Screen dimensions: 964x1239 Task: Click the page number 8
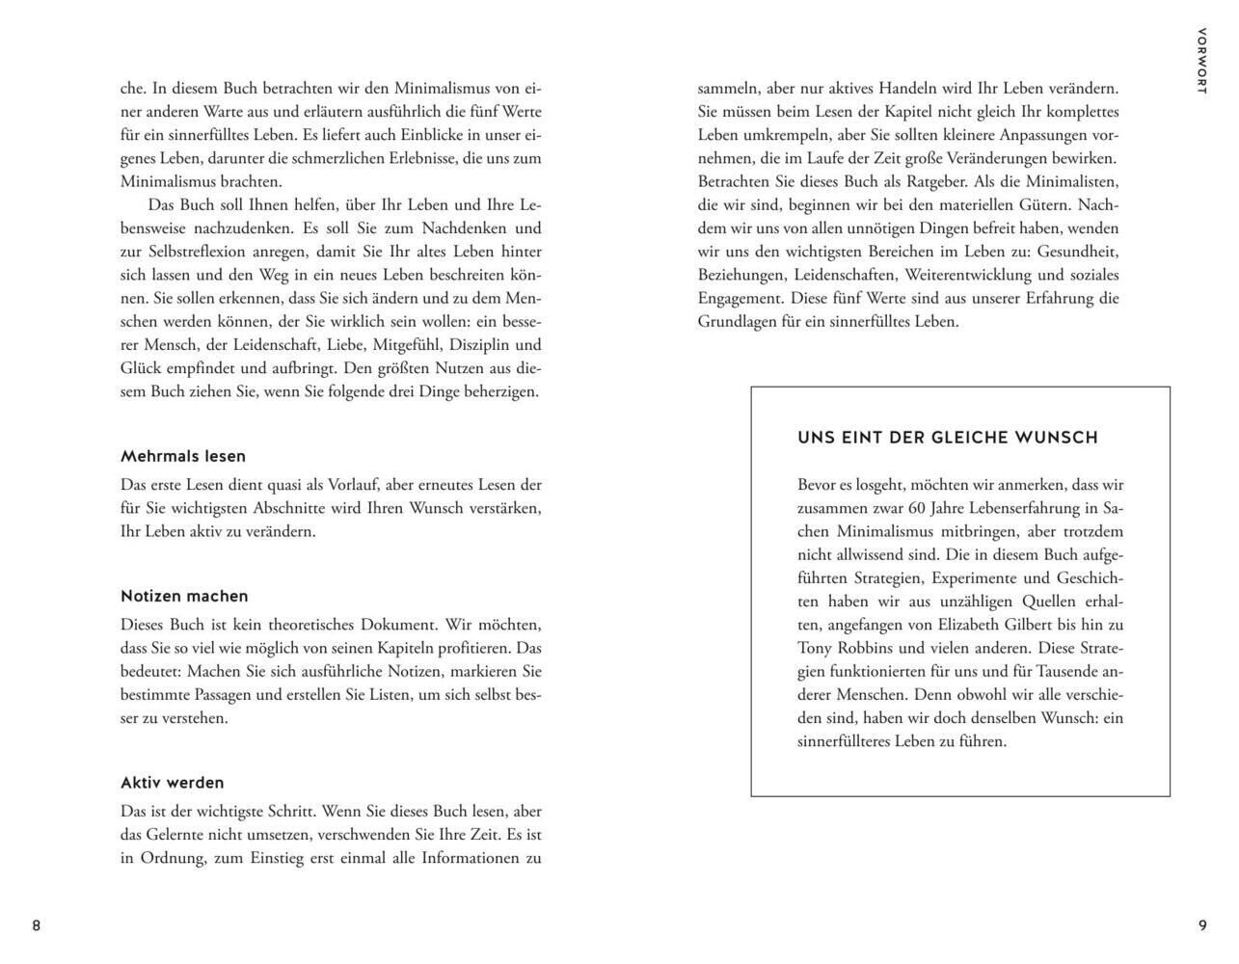[x=37, y=925]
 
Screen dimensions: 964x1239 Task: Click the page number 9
[x=1202, y=925]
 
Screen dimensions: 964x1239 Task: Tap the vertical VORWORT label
[x=1200, y=61]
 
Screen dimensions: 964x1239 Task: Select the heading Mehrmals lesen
[x=183, y=456]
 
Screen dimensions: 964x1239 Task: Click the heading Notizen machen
[x=184, y=596]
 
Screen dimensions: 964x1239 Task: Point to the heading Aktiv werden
[x=172, y=783]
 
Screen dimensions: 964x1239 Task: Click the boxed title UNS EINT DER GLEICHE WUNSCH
[x=948, y=438]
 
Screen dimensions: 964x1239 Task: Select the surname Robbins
[x=868, y=648]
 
